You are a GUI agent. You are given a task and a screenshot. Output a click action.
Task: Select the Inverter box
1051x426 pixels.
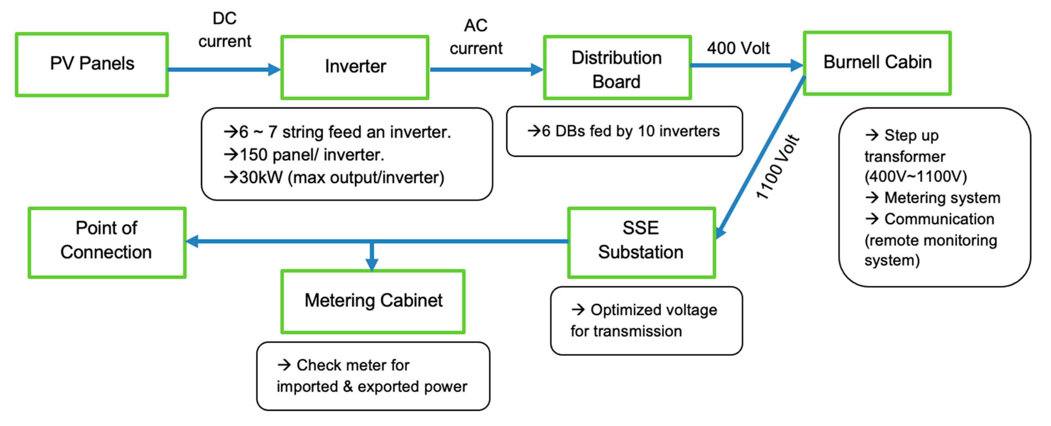pos(355,67)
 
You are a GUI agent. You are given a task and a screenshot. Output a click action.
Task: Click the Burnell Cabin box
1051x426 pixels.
pos(877,63)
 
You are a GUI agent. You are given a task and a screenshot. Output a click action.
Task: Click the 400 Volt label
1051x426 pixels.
pos(738,48)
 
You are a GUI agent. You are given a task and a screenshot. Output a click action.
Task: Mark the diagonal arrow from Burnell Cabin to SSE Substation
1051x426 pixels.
pos(761,157)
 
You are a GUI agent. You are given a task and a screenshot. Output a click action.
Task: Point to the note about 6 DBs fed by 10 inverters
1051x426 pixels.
pos(624,131)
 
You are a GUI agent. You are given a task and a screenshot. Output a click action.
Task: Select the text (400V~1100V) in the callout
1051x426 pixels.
pos(915,176)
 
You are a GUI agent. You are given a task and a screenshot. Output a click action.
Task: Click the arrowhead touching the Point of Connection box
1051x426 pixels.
pos(192,241)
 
